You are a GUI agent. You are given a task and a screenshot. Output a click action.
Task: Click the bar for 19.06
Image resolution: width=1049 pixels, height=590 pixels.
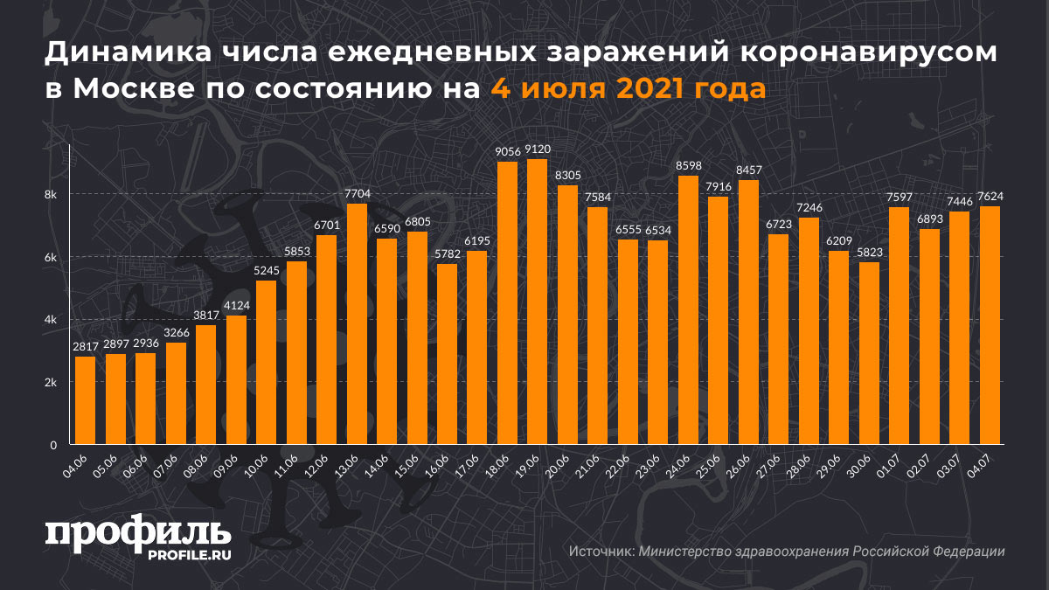coord(538,302)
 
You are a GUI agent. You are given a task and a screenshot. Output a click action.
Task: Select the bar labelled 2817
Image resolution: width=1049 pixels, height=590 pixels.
coord(85,400)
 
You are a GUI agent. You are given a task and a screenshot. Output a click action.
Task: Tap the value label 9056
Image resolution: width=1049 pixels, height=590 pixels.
coord(507,152)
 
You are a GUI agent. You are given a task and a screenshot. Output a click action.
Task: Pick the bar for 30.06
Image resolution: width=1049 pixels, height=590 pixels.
coord(869,353)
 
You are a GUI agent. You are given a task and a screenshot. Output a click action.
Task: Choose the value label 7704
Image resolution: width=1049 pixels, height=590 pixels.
coord(356,194)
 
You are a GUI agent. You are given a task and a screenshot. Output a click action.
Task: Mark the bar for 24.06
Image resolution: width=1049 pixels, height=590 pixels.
coord(688,310)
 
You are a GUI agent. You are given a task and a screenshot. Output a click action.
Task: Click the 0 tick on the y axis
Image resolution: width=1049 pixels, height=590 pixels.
coord(53,445)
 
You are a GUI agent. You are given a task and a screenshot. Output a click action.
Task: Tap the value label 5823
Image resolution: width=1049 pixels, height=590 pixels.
coord(869,253)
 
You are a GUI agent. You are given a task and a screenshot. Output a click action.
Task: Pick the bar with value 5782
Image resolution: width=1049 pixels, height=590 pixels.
coord(447,354)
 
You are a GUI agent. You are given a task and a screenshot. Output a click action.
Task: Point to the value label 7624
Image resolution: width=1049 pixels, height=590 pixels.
coord(990,197)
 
